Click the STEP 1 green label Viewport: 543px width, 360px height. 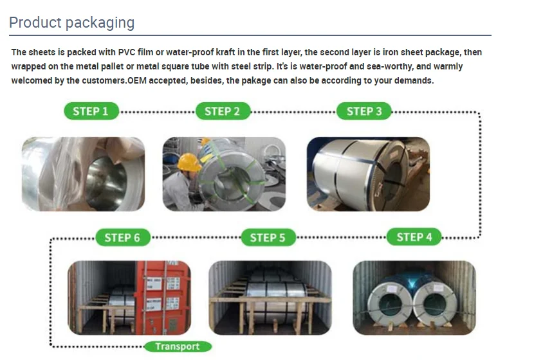pos(91,111)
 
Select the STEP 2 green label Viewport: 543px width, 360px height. pos(222,111)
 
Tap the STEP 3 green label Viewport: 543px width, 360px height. pos(364,111)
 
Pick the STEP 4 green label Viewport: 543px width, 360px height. pos(414,237)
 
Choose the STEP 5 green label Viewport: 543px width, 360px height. pos(268,238)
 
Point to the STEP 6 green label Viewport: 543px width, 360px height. pos(122,238)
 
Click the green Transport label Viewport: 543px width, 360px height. pos(178,346)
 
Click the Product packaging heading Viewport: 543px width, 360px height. pos(72,23)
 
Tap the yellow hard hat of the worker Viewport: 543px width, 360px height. pos(189,161)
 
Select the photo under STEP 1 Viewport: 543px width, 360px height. pos(84,174)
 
